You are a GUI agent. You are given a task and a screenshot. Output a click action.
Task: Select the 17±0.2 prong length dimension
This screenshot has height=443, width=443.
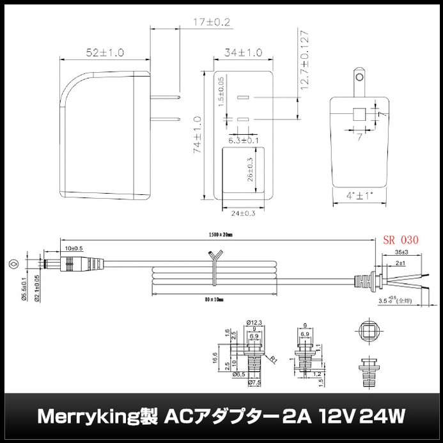(212, 22)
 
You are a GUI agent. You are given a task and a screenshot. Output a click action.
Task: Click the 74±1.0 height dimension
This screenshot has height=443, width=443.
(198, 135)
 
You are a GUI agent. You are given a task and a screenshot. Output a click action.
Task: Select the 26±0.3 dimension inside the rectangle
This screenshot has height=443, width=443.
(251, 170)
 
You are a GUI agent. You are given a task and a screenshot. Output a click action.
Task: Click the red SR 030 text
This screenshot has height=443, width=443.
(400, 241)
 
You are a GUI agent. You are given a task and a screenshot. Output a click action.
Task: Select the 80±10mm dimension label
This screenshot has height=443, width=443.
(215, 299)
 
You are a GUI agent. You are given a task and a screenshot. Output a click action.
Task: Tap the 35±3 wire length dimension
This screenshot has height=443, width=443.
(401, 253)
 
